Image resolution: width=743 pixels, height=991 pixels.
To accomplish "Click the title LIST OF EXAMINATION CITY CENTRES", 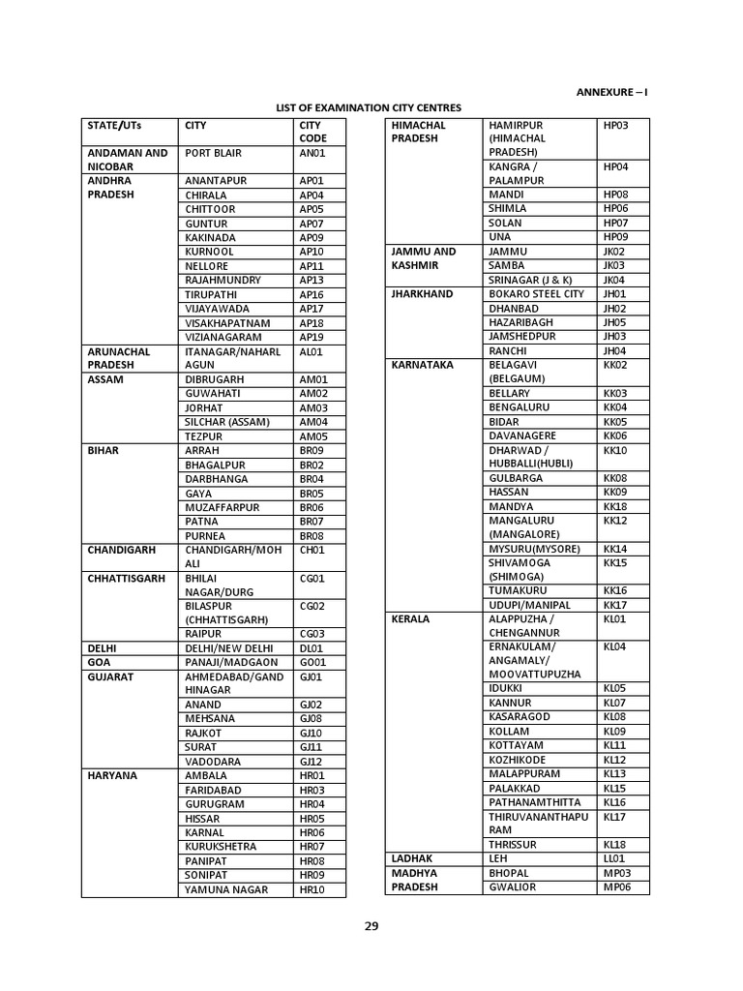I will tap(369, 107).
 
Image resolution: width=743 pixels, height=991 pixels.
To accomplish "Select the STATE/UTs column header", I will tap(113, 126).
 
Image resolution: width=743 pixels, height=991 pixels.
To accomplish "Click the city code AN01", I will tap(312, 153).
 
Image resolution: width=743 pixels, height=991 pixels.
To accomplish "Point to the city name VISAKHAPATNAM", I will tap(227, 323).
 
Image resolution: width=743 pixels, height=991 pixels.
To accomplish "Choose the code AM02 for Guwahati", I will tap(313, 394).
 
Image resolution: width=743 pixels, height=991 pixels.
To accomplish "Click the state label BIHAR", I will tap(104, 451).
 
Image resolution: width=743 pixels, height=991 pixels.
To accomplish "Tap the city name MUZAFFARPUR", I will tap(223, 507).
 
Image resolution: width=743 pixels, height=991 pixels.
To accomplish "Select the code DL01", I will tap(312, 648).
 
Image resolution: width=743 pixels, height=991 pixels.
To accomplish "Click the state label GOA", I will tap(98, 663).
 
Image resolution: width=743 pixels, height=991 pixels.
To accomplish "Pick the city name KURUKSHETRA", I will tap(221, 847).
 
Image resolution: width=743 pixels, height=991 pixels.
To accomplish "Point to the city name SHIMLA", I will tap(508, 208).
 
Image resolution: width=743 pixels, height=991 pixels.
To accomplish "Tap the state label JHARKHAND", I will tap(422, 294).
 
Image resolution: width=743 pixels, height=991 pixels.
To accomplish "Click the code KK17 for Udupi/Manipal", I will tap(615, 605).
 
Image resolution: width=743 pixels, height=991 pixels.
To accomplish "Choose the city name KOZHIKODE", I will tap(518, 760).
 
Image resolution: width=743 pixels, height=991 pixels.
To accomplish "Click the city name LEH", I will tap(498, 858).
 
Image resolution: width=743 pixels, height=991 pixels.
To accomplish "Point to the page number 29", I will tap(371, 926).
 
